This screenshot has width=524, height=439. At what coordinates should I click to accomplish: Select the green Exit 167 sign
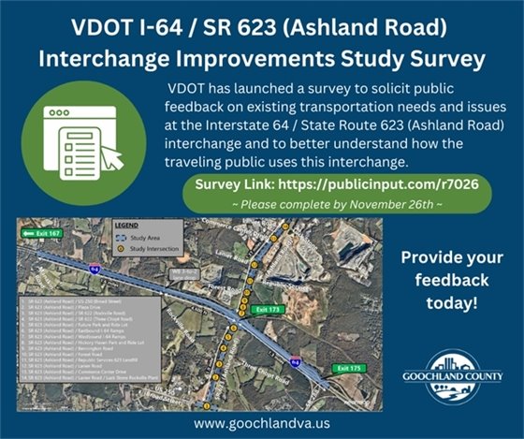point(42,233)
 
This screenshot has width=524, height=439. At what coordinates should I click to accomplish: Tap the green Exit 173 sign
point(267,308)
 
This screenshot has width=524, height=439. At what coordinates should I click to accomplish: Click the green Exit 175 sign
point(348,368)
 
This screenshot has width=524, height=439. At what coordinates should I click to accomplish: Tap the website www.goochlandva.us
point(261,423)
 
